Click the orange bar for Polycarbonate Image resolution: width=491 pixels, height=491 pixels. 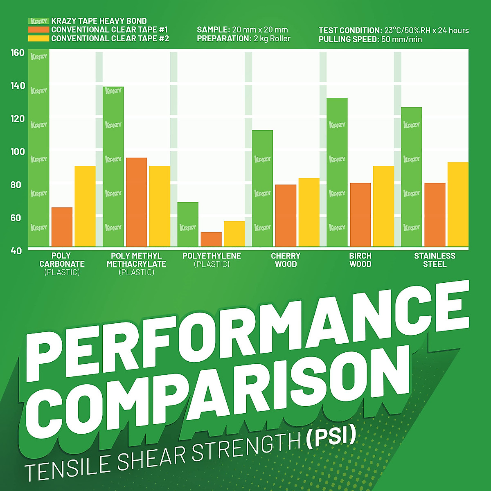click(x=62, y=227)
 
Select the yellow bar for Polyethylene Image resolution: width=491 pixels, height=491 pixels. click(x=234, y=234)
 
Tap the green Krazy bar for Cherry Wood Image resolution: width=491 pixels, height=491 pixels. click(x=262, y=188)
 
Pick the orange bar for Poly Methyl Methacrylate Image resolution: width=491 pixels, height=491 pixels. click(x=136, y=202)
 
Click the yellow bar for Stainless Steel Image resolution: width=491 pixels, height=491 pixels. click(x=458, y=204)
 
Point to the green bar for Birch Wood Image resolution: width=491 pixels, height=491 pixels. click(x=337, y=172)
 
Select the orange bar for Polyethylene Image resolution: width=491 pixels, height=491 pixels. click(x=211, y=239)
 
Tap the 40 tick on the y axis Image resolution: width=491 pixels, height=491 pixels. click(x=16, y=250)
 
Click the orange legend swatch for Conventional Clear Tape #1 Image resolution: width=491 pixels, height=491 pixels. click(x=38, y=30)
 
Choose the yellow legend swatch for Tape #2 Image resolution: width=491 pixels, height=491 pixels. click(x=38, y=38)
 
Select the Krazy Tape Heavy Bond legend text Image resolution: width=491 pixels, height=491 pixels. click(x=99, y=21)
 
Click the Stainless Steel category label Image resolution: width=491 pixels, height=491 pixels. click(x=435, y=260)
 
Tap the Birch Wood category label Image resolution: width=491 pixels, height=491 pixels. click(x=360, y=260)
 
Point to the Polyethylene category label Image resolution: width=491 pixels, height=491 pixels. click(x=212, y=256)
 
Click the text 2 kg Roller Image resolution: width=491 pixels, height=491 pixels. click(x=272, y=39)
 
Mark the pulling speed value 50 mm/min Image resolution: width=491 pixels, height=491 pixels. click(x=401, y=40)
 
